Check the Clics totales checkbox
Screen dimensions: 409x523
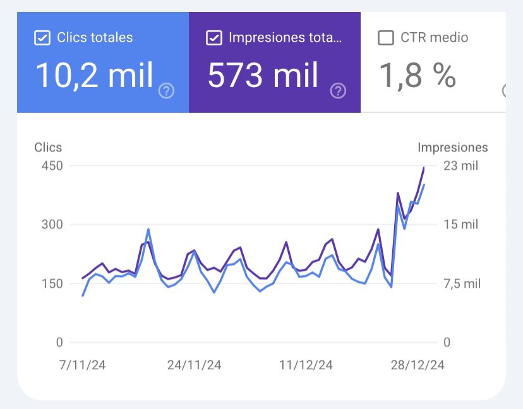(x=42, y=38)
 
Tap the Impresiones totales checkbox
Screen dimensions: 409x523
(x=214, y=38)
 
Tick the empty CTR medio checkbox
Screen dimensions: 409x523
(x=385, y=38)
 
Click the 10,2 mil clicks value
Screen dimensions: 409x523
(x=95, y=75)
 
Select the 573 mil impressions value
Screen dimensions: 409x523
(x=263, y=75)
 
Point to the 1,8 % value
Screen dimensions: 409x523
(x=418, y=75)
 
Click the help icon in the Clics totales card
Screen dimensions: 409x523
(x=166, y=91)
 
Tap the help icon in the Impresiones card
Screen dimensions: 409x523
(x=338, y=91)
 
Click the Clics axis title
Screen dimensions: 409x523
(x=48, y=147)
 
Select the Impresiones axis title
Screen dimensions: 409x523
(x=452, y=147)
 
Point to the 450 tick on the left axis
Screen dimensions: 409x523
(x=52, y=166)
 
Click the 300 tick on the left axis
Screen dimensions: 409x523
(x=52, y=225)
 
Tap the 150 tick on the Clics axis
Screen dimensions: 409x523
(x=52, y=283)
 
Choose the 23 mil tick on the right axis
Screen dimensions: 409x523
(x=460, y=166)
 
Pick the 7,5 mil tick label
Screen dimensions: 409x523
(x=462, y=283)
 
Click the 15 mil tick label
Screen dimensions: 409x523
(x=460, y=225)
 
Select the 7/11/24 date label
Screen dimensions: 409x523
(x=83, y=365)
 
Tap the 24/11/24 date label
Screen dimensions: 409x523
(x=195, y=365)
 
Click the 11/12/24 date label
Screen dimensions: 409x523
(x=306, y=365)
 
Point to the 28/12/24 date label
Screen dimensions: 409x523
(x=418, y=365)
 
